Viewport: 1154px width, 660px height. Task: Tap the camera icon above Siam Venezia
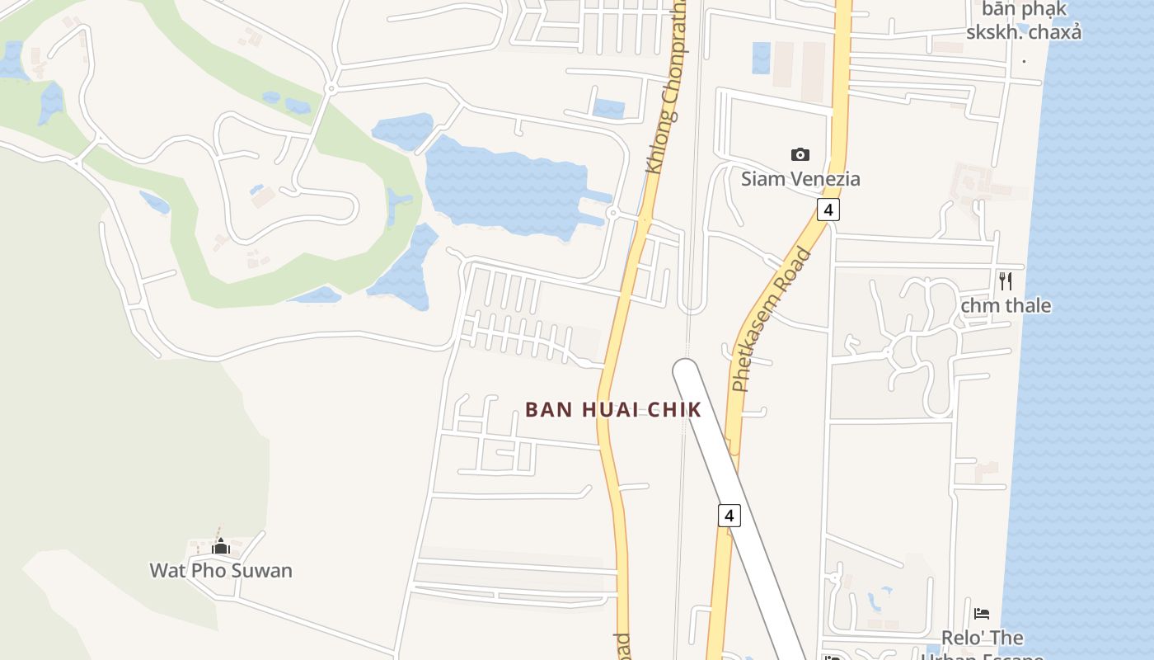[x=800, y=154]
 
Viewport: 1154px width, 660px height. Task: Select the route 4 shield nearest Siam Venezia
[x=828, y=210]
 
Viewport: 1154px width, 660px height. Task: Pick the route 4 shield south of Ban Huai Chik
[x=729, y=516]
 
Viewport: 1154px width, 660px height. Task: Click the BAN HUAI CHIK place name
[x=613, y=409]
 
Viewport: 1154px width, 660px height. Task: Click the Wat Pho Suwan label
[x=221, y=570]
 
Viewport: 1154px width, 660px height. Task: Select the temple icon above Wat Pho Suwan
[x=220, y=546]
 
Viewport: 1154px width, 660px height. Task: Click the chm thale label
[x=1006, y=305]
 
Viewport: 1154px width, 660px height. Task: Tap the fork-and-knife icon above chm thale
[x=1006, y=280]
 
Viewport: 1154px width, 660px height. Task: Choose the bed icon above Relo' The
[x=982, y=613]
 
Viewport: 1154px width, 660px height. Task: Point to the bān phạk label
[x=1025, y=10]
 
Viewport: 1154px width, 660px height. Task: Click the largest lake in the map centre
[x=503, y=186]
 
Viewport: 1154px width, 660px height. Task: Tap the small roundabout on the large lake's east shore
[x=612, y=213]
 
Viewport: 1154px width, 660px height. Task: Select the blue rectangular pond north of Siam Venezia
[x=761, y=58]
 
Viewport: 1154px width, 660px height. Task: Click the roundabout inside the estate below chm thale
[x=889, y=352]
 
